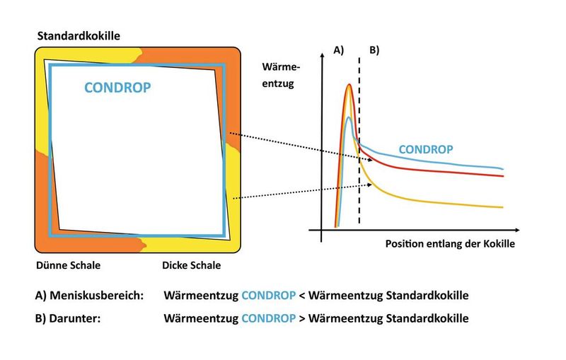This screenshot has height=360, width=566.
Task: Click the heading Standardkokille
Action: (79, 34)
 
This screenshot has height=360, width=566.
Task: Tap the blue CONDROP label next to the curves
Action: (426, 150)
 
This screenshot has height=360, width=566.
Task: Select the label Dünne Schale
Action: (68, 266)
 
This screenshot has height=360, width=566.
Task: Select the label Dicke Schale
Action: (191, 266)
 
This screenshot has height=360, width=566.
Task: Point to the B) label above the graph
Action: (374, 50)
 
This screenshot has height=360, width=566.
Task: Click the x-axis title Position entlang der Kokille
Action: (450, 243)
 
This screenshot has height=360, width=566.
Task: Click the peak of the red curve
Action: (349, 85)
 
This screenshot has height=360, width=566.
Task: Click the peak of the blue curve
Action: (348, 117)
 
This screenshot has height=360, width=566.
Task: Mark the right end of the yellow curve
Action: (503, 207)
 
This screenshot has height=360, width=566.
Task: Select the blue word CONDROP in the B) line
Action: (269, 318)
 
